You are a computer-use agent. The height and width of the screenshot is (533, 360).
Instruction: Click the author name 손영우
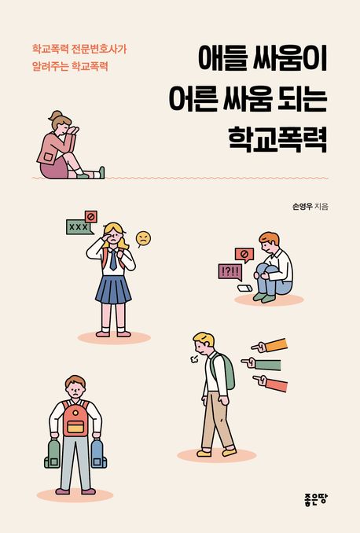pos(301,206)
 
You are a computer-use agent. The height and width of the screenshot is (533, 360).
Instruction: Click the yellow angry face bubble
pos(142,237)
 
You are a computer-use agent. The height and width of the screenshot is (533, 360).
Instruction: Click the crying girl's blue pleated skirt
pos(113,289)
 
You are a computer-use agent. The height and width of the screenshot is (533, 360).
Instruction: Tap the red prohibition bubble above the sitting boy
pos(244,254)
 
